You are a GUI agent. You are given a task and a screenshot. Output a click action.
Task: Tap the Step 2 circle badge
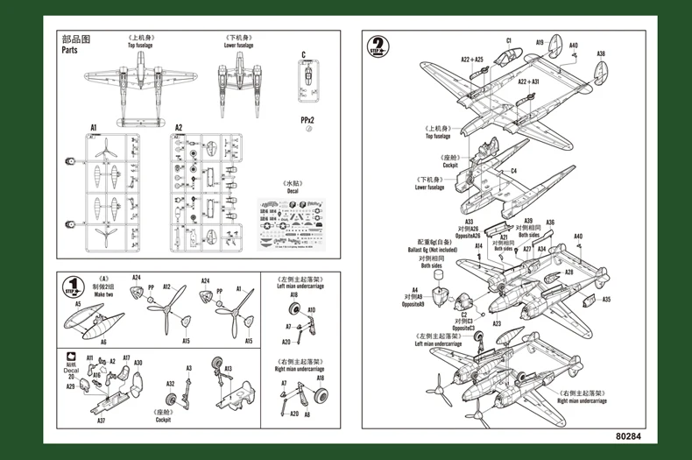pos(378,46)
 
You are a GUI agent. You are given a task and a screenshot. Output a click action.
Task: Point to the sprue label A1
pos(93,127)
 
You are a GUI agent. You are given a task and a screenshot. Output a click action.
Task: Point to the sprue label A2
pos(179,127)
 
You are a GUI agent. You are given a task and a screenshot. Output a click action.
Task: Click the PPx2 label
pos(307,117)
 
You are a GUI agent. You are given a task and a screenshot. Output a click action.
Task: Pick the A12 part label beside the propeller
pos(167,287)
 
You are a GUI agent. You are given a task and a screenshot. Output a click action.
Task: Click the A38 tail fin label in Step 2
pos(601,54)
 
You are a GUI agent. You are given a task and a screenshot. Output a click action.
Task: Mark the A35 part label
pos(605,300)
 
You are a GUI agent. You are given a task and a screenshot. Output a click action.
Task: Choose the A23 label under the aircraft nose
pos(496,323)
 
